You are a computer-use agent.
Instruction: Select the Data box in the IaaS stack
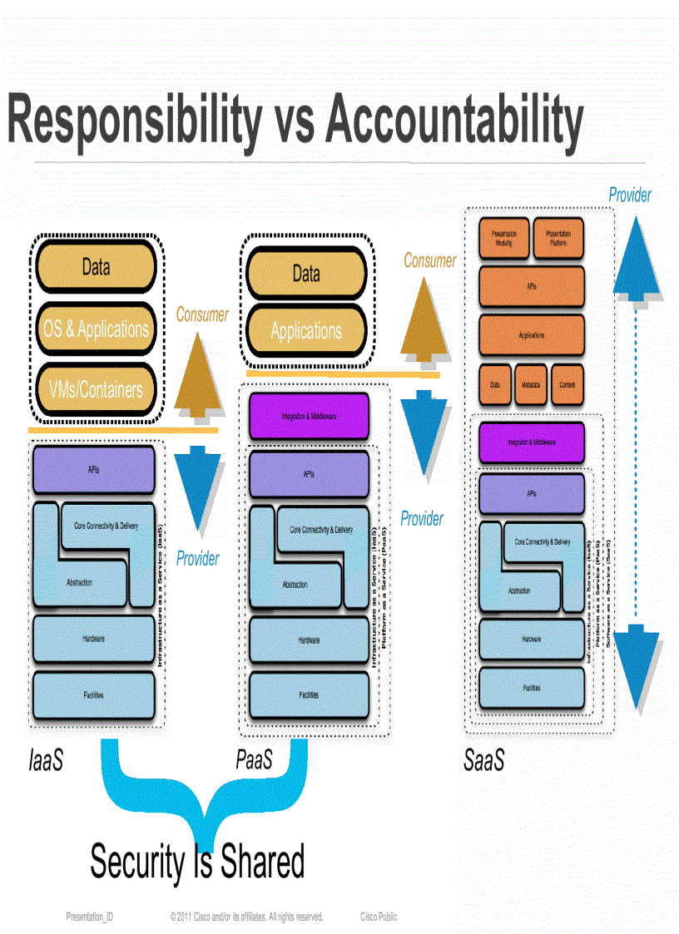click(95, 268)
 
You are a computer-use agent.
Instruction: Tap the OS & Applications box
click(95, 329)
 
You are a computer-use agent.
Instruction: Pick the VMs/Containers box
click(95, 389)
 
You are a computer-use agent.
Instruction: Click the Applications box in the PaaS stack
click(305, 331)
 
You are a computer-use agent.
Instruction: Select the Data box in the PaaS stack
click(305, 274)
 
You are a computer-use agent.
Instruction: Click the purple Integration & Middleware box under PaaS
click(309, 416)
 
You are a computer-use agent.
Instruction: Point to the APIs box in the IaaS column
click(93, 470)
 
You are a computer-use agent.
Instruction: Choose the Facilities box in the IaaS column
click(93, 694)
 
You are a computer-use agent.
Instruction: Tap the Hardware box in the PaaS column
click(309, 640)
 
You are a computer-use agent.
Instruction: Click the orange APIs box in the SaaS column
click(532, 285)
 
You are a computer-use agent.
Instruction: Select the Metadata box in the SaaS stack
click(532, 385)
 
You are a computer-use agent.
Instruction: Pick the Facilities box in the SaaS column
click(532, 688)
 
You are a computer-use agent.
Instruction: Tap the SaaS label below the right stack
click(483, 761)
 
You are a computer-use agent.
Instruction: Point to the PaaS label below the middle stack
click(254, 760)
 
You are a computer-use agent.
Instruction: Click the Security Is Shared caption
click(197, 861)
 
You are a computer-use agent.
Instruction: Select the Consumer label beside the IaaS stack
click(202, 315)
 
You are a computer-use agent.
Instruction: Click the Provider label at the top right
click(630, 195)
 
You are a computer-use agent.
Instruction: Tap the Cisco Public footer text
click(379, 917)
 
